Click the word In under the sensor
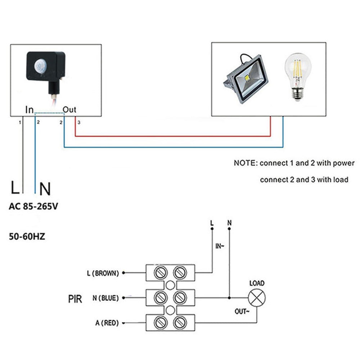click(x=29, y=110)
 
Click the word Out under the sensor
click(x=69, y=110)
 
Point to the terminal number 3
click(x=79, y=123)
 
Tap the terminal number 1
click(x=20, y=123)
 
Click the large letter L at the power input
click(x=15, y=188)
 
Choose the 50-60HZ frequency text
click(x=27, y=237)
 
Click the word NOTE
click(x=245, y=163)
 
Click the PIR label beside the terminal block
click(x=75, y=298)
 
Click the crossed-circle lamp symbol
click(x=257, y=298)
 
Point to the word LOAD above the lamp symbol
click(x=257, y=283)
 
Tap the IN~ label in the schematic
click(x=220, y=246)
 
